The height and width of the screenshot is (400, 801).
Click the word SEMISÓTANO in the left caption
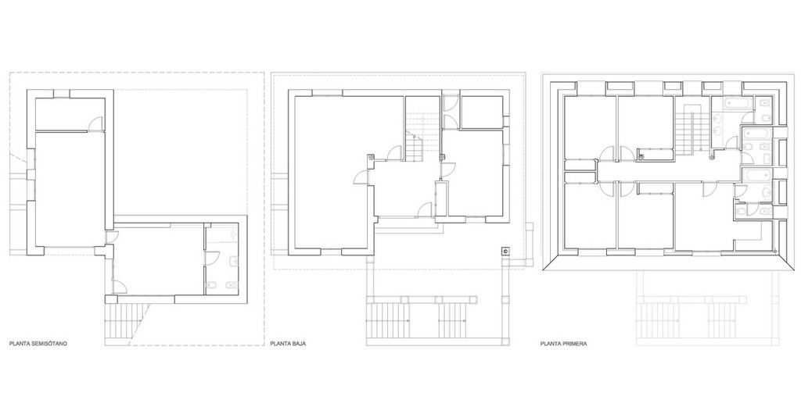pyautogui.click(x=49, y=344)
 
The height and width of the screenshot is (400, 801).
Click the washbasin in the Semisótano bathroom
pyautogui.click(x=233, y=262)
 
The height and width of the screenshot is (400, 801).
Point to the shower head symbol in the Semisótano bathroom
pyautogui.click(x=233, y=235)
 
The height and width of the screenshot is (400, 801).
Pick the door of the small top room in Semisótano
pyautogui.click(x=95, y=124)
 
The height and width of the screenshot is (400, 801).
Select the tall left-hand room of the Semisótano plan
pyautogui.click(x=70, y=190)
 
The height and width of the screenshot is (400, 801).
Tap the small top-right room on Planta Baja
pyautogui.click(x=481, y=112)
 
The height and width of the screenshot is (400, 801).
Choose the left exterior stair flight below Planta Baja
pyautogui.click(x=388, y=320)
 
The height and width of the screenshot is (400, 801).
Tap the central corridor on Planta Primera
pyautogui.click(x=670, y=173)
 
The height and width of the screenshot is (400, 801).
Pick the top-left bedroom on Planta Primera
pyautogui.click(x=590, y=127)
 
